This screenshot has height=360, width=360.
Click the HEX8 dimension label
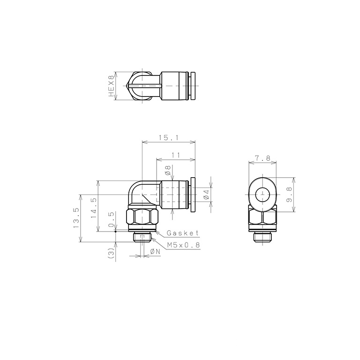pos(111,86)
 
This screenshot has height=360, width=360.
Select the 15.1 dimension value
pos(169,138)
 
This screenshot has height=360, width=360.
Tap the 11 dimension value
pos(176,155)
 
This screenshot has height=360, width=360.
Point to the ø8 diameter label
pos(168,170)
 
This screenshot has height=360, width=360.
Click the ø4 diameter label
pos(206,194)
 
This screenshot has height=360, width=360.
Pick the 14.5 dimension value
pos(93,208)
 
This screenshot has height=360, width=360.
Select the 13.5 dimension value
pos(76,218)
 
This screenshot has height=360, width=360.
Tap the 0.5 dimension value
pos(111,219)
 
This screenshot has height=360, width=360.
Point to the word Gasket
pos(183,233)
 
